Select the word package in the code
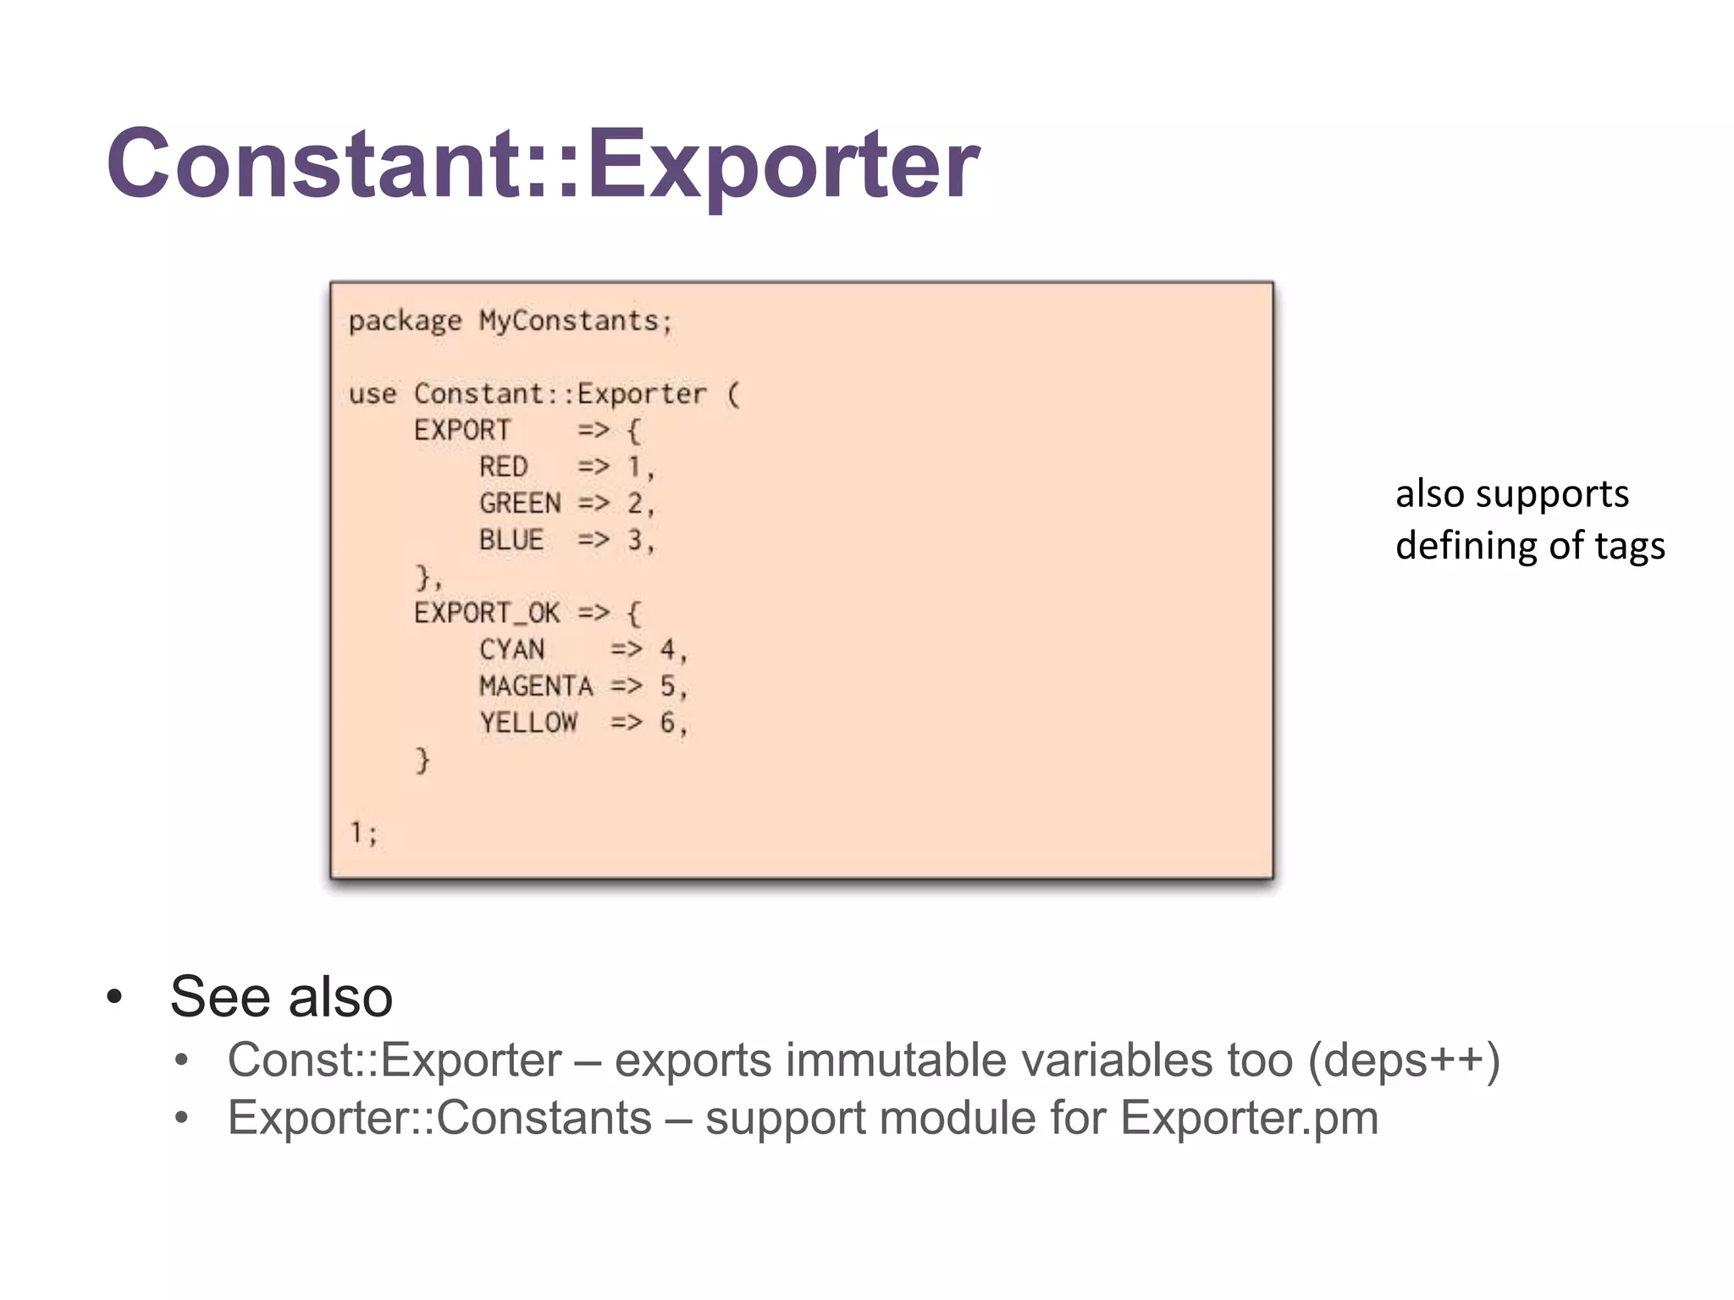coord(405,322)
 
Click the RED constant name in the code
coord(503,466)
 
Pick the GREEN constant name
coord(520,504)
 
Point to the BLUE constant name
coord(511,540)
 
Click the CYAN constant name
coord(511,650)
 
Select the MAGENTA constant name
coord(536,686)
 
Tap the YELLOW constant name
coord(528,723)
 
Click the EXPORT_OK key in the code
coord(487,613)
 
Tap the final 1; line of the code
coord(364,833)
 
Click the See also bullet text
coord(281,996)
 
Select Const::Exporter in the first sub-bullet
coord(395,1060)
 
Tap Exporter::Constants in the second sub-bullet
coord(439,1118)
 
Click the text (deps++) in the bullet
coord(1404,1060)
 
